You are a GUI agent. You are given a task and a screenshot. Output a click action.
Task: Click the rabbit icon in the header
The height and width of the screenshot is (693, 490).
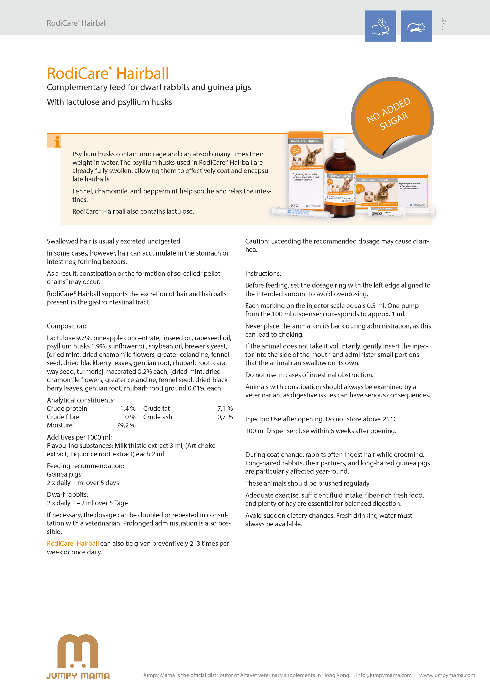point(380,26)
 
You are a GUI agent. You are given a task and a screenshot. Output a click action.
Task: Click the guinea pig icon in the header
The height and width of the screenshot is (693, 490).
point(416,26)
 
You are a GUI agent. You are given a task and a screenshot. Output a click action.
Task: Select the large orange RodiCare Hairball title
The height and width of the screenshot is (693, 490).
point(108,73)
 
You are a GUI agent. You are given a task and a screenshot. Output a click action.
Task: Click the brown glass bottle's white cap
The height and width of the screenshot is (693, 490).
point(340,144)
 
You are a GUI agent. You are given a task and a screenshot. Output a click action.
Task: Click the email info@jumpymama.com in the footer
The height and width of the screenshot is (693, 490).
point(383,675)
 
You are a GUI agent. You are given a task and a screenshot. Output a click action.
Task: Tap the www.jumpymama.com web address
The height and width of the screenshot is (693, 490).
point(447,675)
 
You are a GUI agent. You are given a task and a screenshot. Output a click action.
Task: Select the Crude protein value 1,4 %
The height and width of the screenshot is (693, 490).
point(128,408)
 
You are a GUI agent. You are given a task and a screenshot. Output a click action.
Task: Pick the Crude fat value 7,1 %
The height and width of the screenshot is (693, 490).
point(225,408)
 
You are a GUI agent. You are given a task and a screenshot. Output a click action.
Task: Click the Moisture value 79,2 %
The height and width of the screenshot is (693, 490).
point(126,425)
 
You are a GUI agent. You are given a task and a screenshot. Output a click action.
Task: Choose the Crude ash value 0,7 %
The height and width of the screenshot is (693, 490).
point(225,417)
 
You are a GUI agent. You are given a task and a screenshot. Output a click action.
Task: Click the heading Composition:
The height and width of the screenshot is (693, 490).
point(66,326)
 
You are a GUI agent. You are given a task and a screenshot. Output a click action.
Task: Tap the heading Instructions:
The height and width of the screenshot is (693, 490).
point(263,273)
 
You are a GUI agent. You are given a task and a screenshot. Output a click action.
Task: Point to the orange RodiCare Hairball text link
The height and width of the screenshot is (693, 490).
point(73,543)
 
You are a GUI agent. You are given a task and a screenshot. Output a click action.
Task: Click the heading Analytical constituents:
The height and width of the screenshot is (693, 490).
point(81,400)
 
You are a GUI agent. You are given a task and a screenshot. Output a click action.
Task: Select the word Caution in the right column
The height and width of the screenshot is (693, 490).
point(257,241)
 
